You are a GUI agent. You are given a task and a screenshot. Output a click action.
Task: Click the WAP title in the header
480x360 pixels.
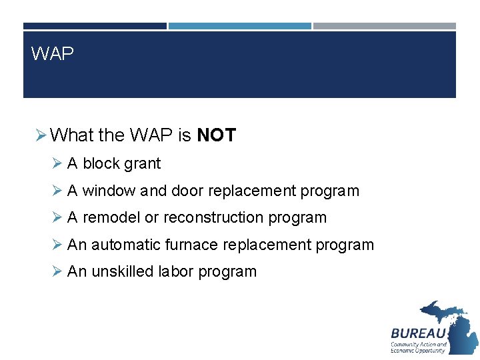point(53,54)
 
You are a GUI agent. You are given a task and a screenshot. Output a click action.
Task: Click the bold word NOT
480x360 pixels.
point(216,135)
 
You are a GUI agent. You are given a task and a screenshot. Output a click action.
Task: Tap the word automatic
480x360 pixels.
point(125,245)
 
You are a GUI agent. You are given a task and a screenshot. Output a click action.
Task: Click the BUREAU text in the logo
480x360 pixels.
point(418,333)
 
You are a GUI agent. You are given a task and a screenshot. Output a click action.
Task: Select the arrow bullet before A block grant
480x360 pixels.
point(57,163)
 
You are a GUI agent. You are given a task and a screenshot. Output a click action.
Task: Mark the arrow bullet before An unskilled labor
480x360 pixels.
point(57,272)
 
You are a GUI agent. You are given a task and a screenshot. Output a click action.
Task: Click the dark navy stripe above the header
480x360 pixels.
point(95,26)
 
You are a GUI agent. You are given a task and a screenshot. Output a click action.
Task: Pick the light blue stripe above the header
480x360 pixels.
point(239,26)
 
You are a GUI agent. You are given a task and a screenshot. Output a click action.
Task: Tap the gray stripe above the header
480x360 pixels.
point(385,26)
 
